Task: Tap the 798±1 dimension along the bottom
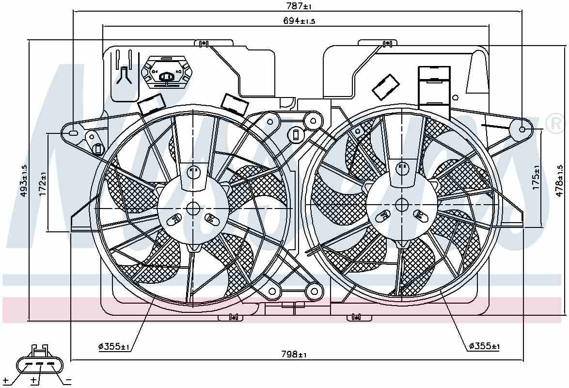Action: click(294, 355)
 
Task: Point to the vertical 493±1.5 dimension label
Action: click(23, 180)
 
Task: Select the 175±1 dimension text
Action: click(536, 178)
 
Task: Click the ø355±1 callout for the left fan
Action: click(114, 346)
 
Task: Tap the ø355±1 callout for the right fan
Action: click(484, 346)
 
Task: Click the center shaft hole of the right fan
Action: click(401, 205)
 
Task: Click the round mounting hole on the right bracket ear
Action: click(522, 129)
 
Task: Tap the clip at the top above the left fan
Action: click(204, 44)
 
